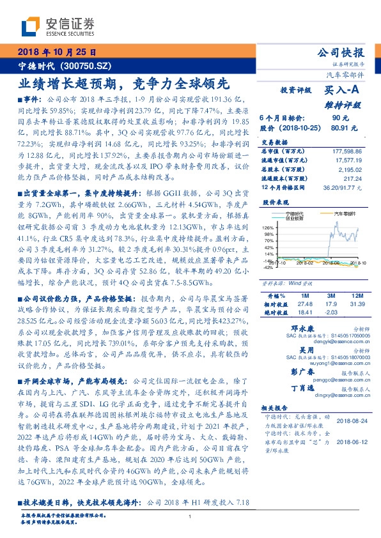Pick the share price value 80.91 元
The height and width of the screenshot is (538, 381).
pos(339,128)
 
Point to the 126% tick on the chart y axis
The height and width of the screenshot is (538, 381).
pos(268,228)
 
